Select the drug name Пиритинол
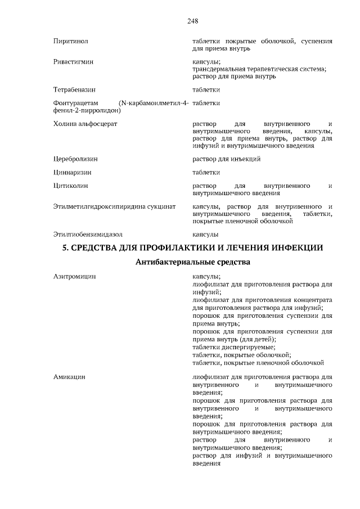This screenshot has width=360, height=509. [70, 41]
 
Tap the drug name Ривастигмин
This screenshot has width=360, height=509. [74, 61]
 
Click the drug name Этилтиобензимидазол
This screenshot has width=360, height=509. [88, 234]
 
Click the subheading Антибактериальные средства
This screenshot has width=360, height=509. [192, 262]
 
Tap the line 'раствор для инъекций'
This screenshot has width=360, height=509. [226, 159]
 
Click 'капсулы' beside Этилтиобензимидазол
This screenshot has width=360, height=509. [205, 234]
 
